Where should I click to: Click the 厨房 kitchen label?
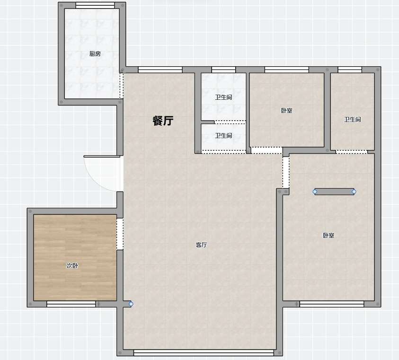point(95,53)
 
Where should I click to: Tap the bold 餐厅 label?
point(163,121)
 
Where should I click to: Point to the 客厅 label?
point(201,245)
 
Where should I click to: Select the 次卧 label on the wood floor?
point(72,265)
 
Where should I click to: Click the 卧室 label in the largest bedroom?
point(328,235)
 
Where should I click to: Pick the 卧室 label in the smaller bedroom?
point(286,111)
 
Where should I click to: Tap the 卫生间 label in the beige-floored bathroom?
point(353,119)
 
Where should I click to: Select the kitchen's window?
point(95,5)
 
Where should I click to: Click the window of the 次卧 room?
point(71,304)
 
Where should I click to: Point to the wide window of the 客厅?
point(204,352)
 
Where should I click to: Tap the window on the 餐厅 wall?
point(160,70)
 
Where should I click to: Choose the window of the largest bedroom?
point(332,304)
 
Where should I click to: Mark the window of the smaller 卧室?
point(287,70)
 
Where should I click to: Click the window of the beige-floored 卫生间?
point(350,70)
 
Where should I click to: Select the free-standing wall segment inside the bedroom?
point(334,192)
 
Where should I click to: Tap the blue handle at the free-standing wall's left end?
point(315,192)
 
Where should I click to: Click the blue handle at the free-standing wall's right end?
point(354,192)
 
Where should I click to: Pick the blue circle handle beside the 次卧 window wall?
point(131,304)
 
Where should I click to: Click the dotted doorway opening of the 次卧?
point(120,234)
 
